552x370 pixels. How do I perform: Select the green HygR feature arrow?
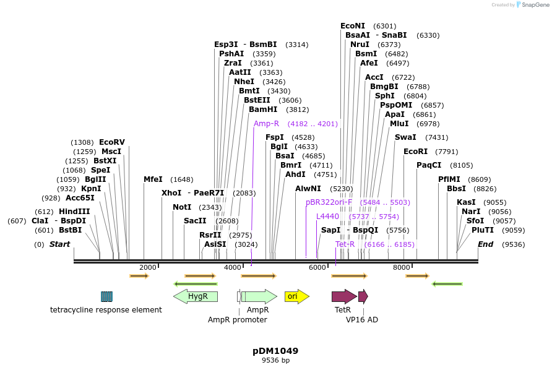click(x=196, y=296)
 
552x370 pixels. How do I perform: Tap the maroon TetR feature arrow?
click(x=343, y=296)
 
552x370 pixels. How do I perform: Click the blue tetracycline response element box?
click(x=106, y=296)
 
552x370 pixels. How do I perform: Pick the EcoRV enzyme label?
click(x=112, y=142)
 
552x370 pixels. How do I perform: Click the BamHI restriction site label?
click(x=263, y=110)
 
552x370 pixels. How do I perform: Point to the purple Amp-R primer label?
click(x=267, y=124)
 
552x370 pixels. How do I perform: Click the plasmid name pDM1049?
click(x=275, y=351)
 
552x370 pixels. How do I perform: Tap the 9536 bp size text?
click(x=275, y=360)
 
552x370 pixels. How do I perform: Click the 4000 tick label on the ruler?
click(x=232, y=267)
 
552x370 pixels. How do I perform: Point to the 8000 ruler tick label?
click(x=402, y=267)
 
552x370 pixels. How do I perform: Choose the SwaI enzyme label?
click(x=405, y=137)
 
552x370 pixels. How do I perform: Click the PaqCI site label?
click(x=429, y=165)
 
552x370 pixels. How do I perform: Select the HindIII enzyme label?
click(x=75, y=212)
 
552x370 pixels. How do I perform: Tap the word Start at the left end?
click(x=59, y=244)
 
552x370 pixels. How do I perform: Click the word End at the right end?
click(x=485, y=244)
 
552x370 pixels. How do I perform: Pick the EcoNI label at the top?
click(x=353, y=26)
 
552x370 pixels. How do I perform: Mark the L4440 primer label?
click(x=327, y=217)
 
